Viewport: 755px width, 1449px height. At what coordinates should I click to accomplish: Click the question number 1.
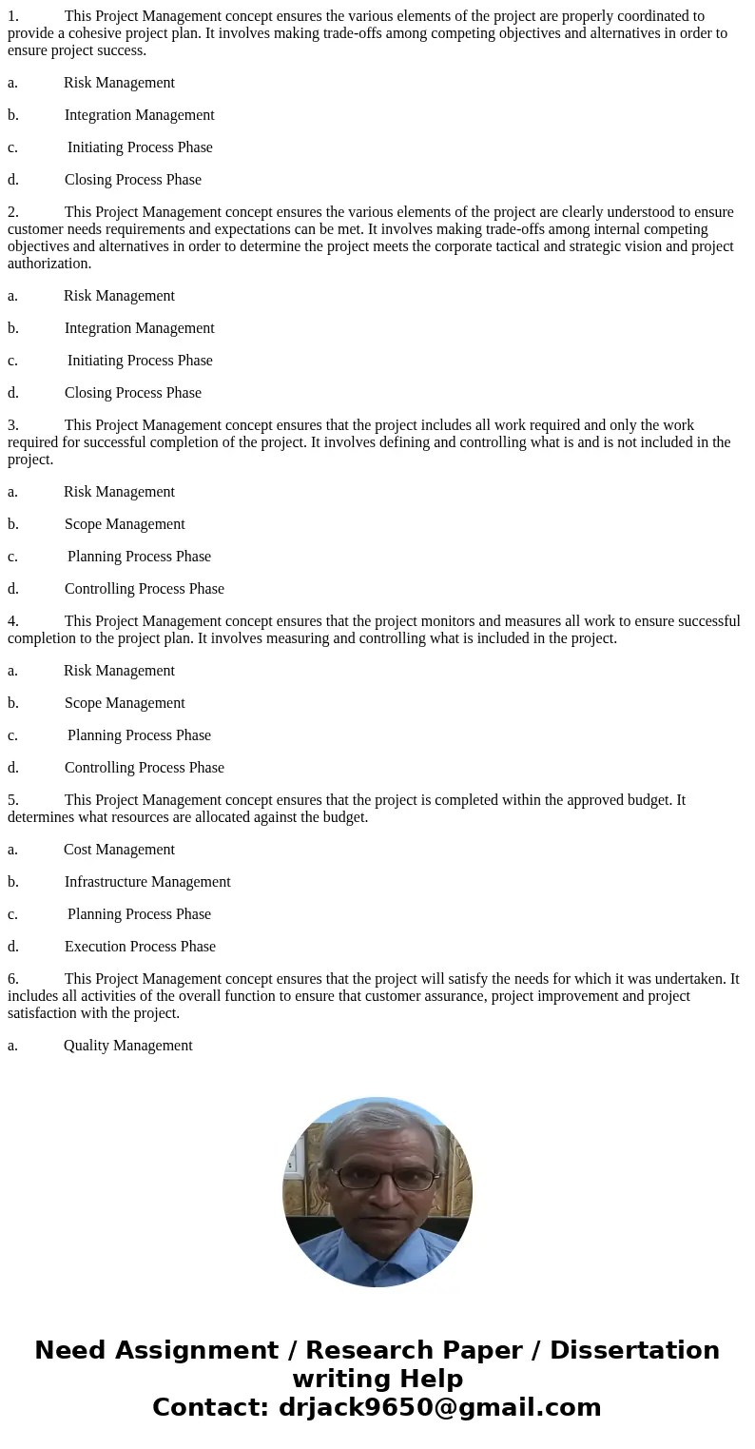pyautogui.click(x=13, y=16)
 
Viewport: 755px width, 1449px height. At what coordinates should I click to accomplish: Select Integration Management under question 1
pyautogui.click(x=139, y=115)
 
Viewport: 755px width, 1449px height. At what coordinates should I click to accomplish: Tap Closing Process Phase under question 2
pyautogui.click(x=132, y=393)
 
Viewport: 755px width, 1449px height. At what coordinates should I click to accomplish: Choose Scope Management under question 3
pyautogui.click(x=125, y=524)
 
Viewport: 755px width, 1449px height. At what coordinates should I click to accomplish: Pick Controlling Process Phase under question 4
pyautogui.click(x=144, y=768)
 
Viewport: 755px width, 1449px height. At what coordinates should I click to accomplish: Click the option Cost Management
pyautogui.click(x=119, y=850)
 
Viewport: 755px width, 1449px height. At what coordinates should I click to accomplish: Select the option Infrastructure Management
pyautogui.click(x=147, y=882)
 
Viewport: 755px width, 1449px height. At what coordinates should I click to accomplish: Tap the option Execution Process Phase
pyautogui.click(x=140, y=947)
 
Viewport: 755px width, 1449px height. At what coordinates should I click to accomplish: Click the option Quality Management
pyautogui.click(x=127, y=1046)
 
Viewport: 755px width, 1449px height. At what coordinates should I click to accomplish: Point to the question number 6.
pyautogui.click(x=13, y=979)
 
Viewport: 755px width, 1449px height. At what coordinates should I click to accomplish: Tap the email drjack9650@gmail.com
pyautogui.click(x=439, y=1408)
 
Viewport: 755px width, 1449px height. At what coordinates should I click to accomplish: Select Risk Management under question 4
pyautogui.click(x=119, y=671)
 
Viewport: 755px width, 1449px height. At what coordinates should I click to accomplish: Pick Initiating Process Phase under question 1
pyautogui.click(x=140, y=147)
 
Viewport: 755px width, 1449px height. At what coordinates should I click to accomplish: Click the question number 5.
pyautogui.click(x=13, y=800)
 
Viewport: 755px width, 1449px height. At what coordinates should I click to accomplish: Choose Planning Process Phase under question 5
pyautogui.click(x=139, y=914)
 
